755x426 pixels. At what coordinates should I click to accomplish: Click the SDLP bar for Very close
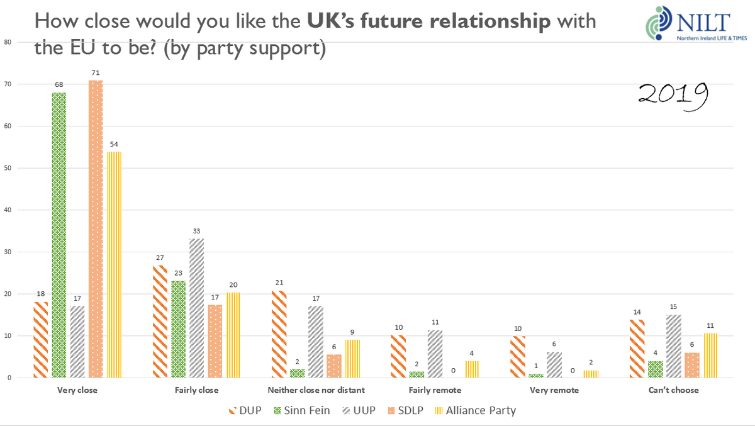pyautogui.click(x=96, y=229)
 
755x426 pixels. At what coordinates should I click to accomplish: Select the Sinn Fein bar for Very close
pyautogui.click(x=59, y=235)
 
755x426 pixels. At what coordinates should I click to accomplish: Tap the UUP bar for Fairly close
pyautogui.click(x=196, y=308)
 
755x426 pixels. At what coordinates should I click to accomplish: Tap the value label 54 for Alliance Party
pyautogui.click(x=115, y=145)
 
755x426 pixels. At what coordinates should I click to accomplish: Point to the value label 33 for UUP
pyautogui.click(x=196, y=230)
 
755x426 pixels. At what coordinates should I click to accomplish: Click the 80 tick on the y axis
pyautogui.click(x=8, y=42)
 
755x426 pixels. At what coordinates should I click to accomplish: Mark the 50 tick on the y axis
pyautogui.click(x=8, y=168)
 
